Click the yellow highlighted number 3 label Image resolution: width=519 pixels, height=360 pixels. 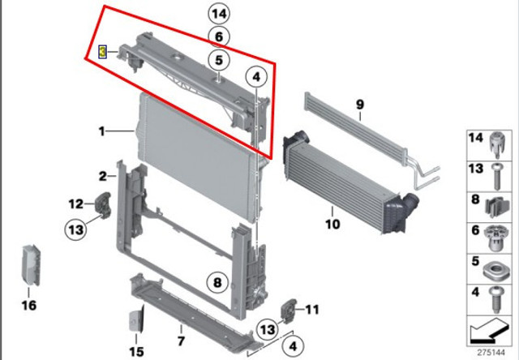103,52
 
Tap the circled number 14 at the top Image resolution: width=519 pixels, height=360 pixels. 219,14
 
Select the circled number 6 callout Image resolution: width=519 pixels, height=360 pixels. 219,36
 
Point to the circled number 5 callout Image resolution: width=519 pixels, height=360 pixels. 219,60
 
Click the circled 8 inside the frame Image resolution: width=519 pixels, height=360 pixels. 217,283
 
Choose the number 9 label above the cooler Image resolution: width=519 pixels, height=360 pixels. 360,105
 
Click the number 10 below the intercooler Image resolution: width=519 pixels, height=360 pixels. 332,224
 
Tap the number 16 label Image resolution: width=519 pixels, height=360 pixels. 29,305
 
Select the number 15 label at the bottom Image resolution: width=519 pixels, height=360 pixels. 136,351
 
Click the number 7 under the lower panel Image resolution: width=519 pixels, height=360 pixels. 181,341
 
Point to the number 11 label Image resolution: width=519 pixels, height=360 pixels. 311,310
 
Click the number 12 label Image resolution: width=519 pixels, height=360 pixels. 75,204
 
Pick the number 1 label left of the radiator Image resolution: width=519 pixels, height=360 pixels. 102,131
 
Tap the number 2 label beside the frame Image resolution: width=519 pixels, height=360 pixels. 103,176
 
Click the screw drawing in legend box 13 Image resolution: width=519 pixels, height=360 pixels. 495,177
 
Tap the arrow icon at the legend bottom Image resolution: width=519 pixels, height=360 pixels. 488,331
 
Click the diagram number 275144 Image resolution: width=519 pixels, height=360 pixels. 491,352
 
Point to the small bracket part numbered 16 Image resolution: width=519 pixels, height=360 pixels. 31,265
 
